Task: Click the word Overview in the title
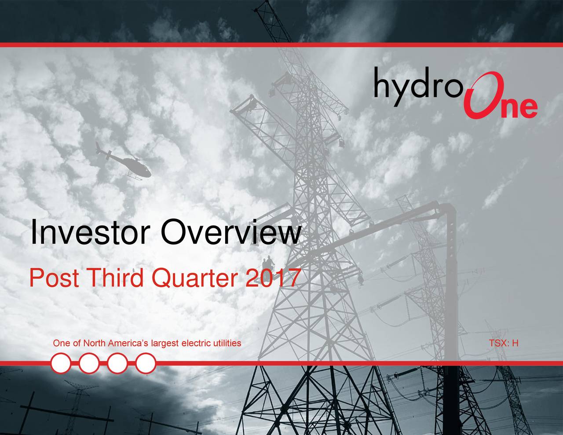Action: point(231,232)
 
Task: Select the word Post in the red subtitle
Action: point(55,278)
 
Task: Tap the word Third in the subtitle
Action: point(114,278)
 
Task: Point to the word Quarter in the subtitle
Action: point(194,278)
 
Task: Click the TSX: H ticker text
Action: point(504,343)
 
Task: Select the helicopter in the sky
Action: point(124,161)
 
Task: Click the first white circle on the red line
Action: point(61,363)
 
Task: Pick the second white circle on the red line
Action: point(89,363)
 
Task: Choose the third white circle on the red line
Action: point(117,363)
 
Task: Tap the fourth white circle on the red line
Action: point(146,363)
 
